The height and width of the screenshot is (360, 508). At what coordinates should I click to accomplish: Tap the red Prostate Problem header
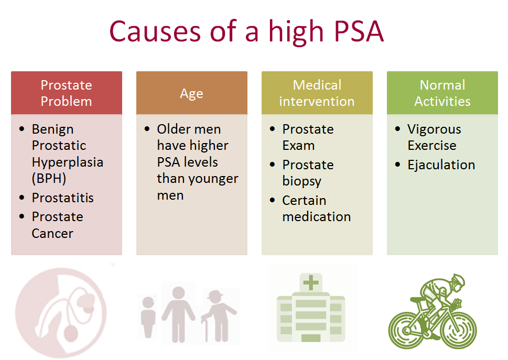pos(67,93)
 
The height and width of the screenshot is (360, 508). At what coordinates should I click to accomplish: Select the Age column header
pos(192,93)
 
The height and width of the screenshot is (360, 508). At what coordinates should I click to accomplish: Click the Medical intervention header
pos(317,93)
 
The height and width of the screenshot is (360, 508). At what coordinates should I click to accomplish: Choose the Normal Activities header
pos(442,93)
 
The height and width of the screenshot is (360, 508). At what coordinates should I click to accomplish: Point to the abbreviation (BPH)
pos(49,178)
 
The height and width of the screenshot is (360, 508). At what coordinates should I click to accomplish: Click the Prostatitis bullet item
pos(63,198)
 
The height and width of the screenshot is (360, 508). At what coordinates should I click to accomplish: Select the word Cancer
pos(52,233)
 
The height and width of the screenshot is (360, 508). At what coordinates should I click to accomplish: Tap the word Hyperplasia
pos(68,162)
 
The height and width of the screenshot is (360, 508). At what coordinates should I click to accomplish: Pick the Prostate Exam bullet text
pos(308,137)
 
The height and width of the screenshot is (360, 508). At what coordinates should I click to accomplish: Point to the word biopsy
pos(302,181)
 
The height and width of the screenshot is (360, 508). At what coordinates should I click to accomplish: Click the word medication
pos(317,216)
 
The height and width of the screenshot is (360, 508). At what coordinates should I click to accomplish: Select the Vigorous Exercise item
pos(434,137)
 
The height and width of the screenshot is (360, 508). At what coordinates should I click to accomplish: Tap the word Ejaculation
pos(441,165)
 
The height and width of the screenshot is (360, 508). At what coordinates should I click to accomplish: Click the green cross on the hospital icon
pos(311,282)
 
